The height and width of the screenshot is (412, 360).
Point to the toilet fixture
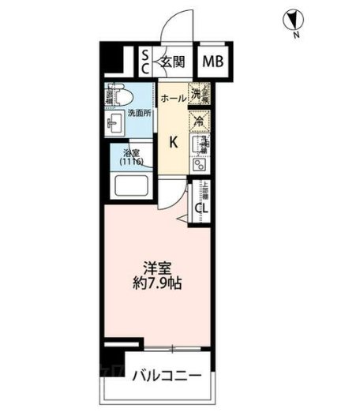coord(119,97)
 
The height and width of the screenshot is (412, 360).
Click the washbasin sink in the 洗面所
coord(114,123)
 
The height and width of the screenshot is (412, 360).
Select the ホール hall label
coord(173,99)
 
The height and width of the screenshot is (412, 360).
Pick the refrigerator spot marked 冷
coord(200,122)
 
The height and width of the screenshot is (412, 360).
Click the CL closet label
coord(203,208)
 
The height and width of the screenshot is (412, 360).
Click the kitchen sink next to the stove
coord(201,165)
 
